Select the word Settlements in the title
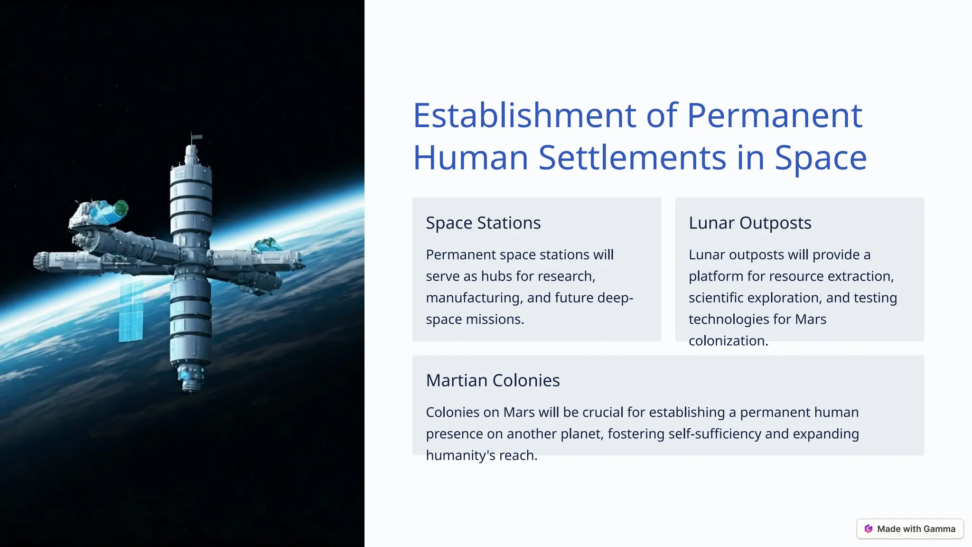click(632, 158)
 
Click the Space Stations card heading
click(483, 223)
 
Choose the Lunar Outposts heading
click(750, 223)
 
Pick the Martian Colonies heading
click(493, 380)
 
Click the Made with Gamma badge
click(910, 529)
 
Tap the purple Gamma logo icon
click(869, 529)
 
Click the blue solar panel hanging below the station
click(131, 311)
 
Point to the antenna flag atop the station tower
click(196, 138)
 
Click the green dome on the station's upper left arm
click(121, 208)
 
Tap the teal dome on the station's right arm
click(267, 245)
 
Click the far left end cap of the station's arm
click(40, 261)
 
